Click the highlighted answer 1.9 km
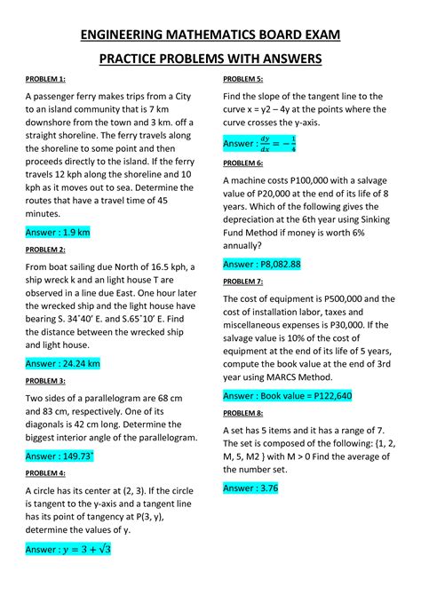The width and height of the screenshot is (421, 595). coord(58,233)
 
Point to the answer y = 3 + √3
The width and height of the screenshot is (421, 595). coord(68,550)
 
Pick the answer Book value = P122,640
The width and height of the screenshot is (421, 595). coord(288,395)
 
